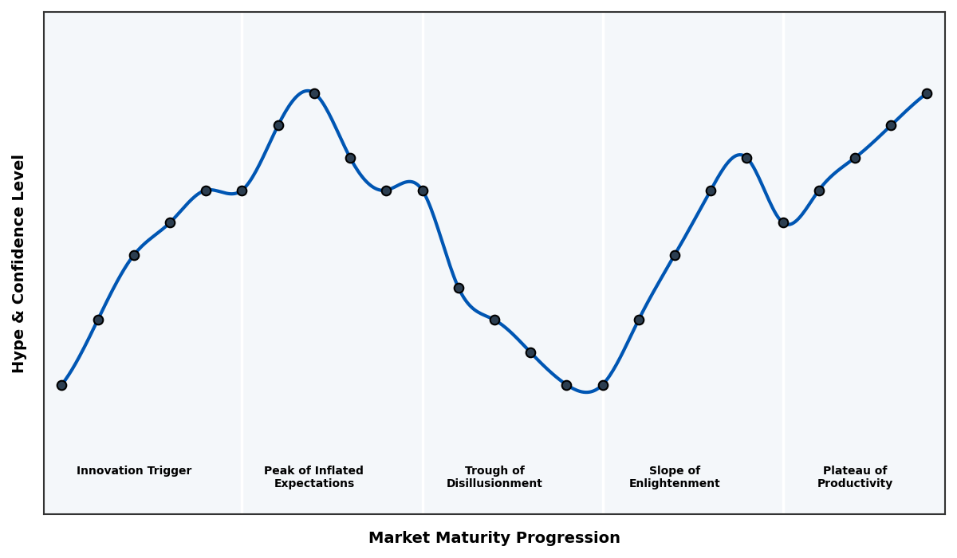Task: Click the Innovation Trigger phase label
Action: pos(134,471)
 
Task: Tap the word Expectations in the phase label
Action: pos(313,484)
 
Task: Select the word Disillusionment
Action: pos(494,484)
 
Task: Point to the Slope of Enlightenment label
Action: pos(674,477)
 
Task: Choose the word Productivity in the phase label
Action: pos(854,484)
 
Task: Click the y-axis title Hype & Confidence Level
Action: pos(19,263)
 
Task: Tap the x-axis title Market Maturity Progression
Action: pos(494,538)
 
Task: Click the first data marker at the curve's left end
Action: pos(61,385)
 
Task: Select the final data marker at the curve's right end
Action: pos(927,93)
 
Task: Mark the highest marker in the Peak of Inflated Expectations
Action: pos(314,93)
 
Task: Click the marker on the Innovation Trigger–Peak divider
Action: pos(242,191)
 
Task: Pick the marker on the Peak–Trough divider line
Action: pos(423,191)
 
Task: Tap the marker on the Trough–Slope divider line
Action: pos(603,385)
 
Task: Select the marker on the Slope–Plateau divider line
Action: pos(783,222)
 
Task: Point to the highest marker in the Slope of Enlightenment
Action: pos(746,158)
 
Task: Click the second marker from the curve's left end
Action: pos(98,320)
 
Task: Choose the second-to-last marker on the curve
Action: pos(891,125)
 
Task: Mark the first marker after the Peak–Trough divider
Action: pos(459,288)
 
